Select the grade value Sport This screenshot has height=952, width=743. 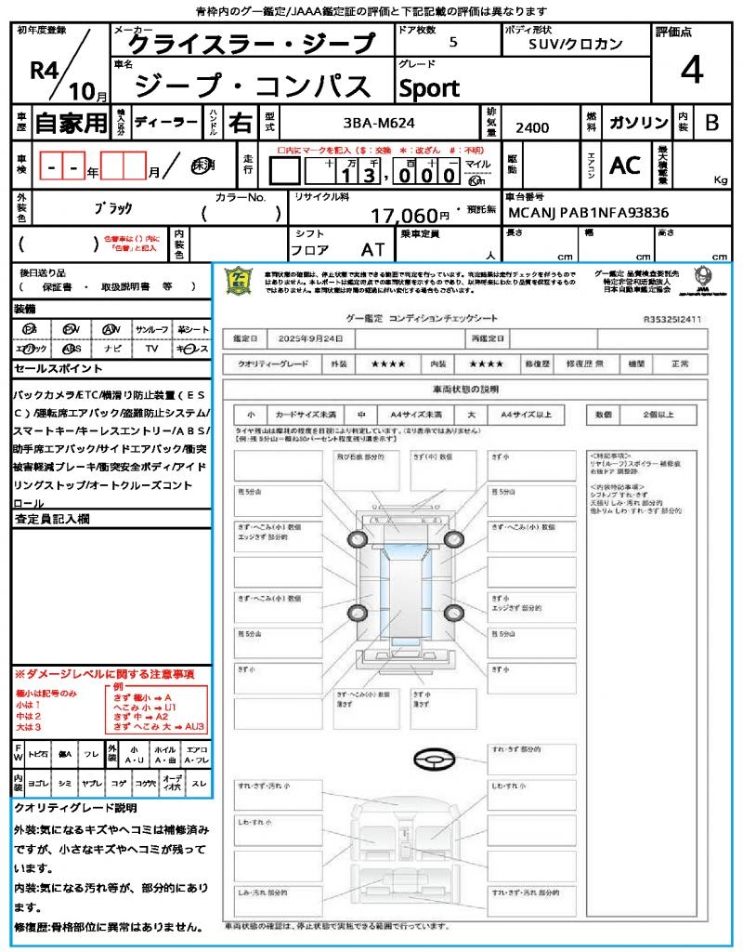(428, 88)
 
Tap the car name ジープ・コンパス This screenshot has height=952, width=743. (253, 86)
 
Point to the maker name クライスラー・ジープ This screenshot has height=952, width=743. (248, 43)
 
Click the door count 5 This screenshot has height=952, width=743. (452, 43)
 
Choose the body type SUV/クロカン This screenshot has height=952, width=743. (576, 44)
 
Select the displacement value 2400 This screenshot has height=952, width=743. (532, 127)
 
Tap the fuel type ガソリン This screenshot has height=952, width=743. (637, 123)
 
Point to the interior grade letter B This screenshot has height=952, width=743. (711, 123)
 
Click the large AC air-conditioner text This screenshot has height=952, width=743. (624, 165)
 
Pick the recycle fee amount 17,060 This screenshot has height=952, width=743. (404, 216)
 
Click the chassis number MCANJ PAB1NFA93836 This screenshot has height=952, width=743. (587, 213)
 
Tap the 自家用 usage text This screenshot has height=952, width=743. (72, 123)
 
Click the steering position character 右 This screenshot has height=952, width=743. (241, 123)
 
